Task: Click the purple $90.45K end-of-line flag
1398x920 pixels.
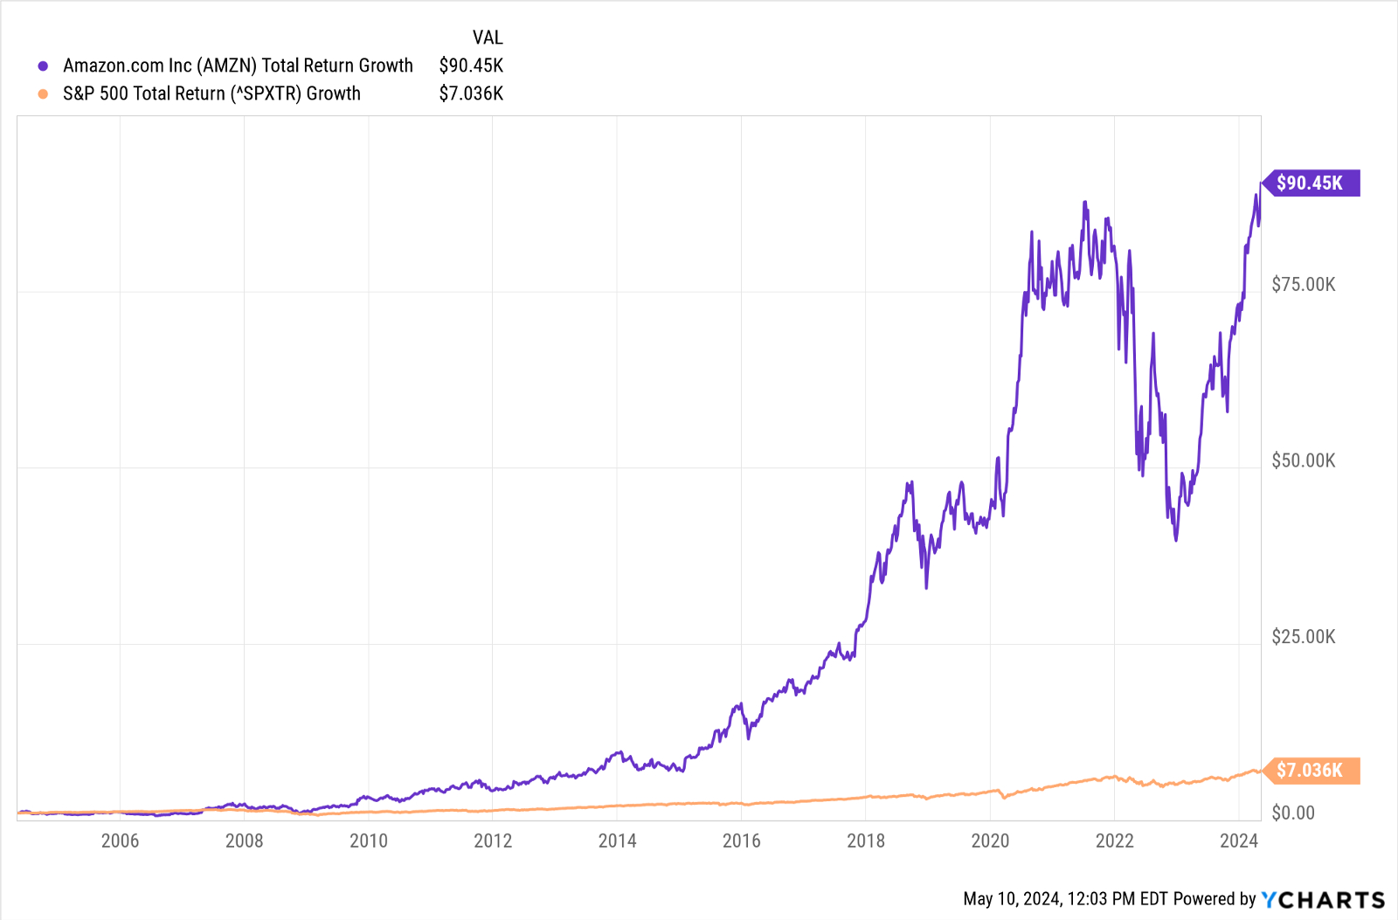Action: pyautogui.click(x=1310, y=183)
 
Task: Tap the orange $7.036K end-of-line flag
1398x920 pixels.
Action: pyautogui.click(x=1310, y=770)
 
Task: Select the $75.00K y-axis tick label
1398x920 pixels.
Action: pyautogui.click(x=1303, y=284)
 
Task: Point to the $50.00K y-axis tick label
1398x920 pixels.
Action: pyautogui.click(x=1303, y=460)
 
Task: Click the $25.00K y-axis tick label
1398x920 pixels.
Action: pyautogui.click(x=1303, y=637)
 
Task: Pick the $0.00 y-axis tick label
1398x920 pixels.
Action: pyautogui.click(x=1292, y=813)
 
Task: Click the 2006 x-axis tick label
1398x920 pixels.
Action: pyautogui.click(x=120, y=840)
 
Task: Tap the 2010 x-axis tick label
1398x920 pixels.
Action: pyautogui.click(x=369, y=840)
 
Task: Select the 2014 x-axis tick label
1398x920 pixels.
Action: pyautogui.click(x=617, y=840)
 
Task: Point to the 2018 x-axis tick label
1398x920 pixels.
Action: pyautogui.click(x=866, y=840)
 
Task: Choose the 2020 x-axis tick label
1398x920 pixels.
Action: pyautogui.click(x=990, y=840)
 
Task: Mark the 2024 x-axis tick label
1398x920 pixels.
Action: pyautogui.click(x=1238, y=840)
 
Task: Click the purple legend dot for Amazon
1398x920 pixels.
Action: pyautogui.click(x=43, y=66)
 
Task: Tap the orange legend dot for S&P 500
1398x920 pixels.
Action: pyautogui.click(x=43, y=93)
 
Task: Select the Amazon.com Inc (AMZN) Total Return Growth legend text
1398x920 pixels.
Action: pyautogui.click(x=238, y=66)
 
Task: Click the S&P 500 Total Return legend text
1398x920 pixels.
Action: pyautogui.click(x=211, y=93)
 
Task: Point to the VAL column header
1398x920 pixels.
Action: pyautogui.click(x=488, y=38)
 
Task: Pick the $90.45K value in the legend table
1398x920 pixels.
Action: pyautogui.click(x=471, y=66)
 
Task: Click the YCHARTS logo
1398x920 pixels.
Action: pyautogui.click(x=1323, y=899)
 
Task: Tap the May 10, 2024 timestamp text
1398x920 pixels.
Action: pyautogui.click(x=1065, y=899)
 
